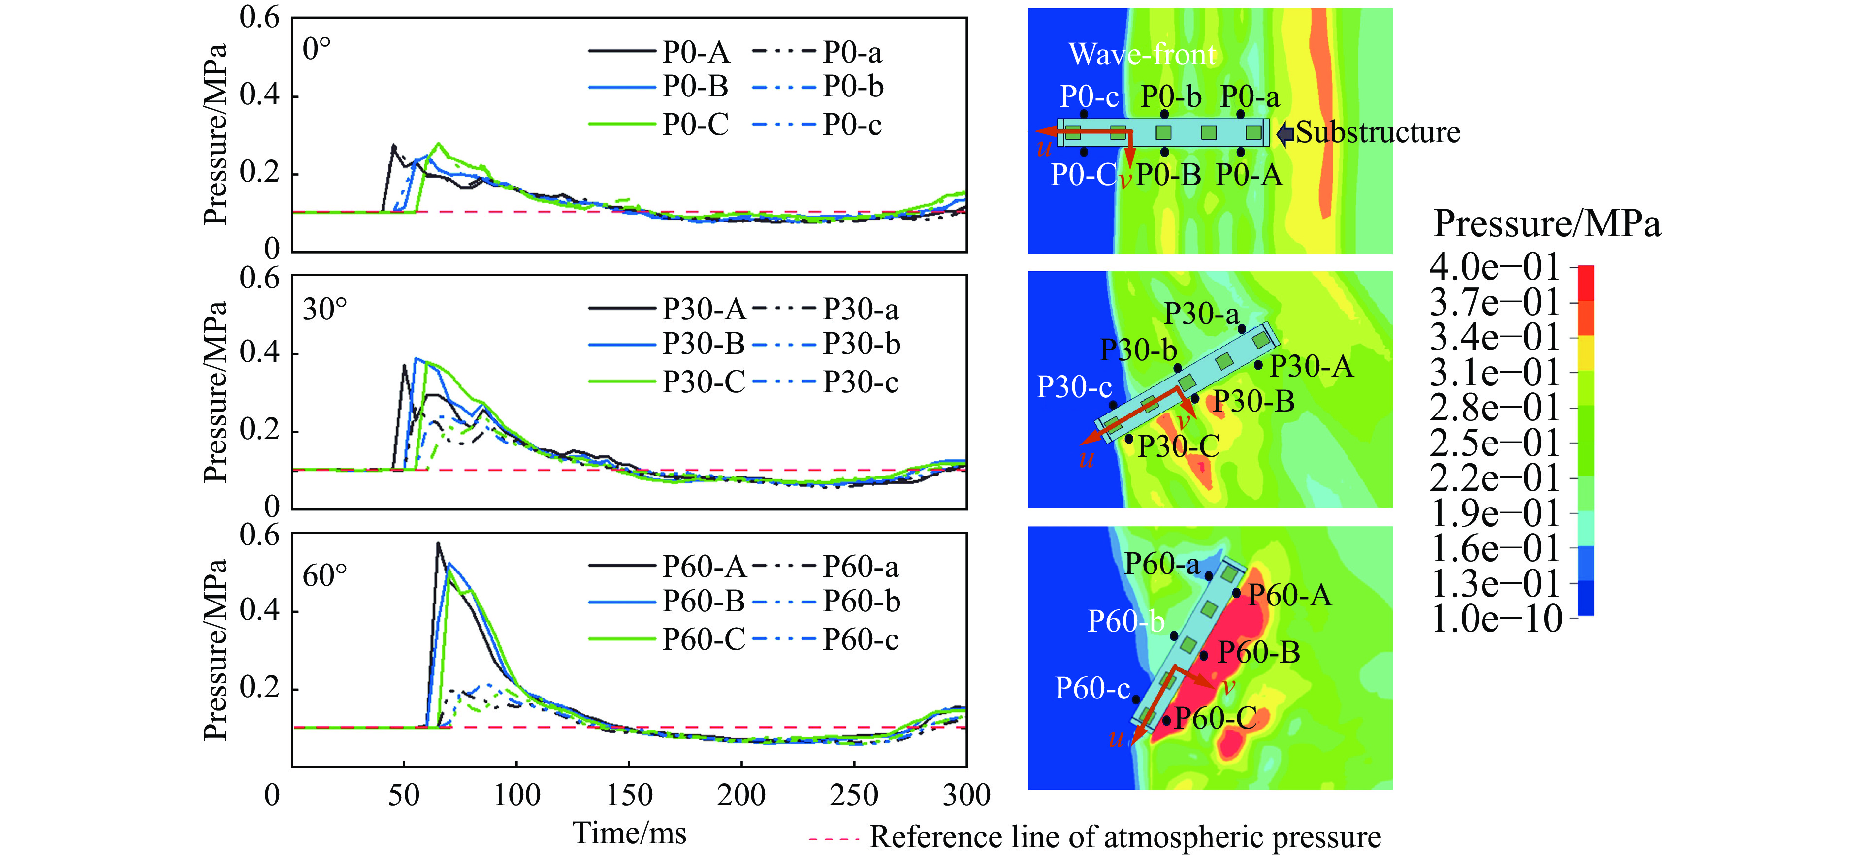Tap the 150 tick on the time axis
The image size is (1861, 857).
[x=629, y=795]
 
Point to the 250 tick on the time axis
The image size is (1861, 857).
[x=854, y=795]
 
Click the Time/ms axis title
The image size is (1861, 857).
[x=629, y=833]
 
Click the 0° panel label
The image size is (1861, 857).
[x=317, y=49]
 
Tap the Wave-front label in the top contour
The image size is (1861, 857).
[x=1142, y=54]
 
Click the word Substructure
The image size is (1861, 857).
[x=1378, y=132]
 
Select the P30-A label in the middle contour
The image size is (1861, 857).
[x=1311, y=366]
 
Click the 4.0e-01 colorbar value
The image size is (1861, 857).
[x=1494, y=267]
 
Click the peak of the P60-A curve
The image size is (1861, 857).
[x=438, y=543]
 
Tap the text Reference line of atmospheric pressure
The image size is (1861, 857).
[x=1125, y=837]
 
